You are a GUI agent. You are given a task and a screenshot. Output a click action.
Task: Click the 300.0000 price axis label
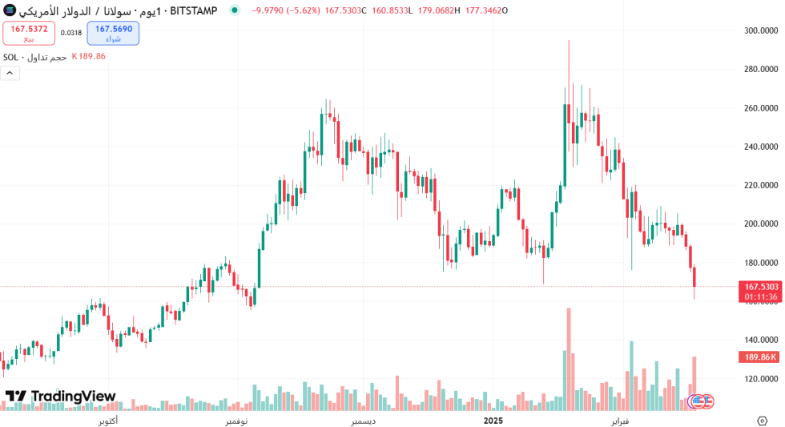click(761, 30)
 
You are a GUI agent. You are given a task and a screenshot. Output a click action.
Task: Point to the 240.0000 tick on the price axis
click(761, 147)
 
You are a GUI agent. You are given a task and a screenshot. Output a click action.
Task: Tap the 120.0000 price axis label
click(761, 379)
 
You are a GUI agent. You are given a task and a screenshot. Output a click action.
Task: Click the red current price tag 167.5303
click(761, 286)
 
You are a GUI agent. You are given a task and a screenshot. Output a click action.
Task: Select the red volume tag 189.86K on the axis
click(761, 357)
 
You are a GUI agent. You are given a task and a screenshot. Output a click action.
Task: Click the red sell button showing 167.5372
click(29, 33)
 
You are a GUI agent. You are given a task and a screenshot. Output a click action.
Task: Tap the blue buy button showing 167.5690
click(113, 33)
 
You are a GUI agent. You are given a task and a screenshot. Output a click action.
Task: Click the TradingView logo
click(61, 397)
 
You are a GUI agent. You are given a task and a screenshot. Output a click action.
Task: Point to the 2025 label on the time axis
click(493, 420)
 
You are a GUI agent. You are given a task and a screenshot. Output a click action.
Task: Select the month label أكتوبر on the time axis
click(108, 420)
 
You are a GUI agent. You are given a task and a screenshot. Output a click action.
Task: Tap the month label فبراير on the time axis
click(620, 420)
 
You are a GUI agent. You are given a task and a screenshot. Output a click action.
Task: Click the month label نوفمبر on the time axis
click(236, 420)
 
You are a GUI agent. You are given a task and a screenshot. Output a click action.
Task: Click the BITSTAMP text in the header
click(193, 10)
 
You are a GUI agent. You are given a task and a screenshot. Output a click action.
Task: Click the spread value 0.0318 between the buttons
click(71, 33)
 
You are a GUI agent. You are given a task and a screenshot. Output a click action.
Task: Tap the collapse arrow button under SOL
click(10, 73)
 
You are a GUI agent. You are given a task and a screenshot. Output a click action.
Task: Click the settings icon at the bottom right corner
click(762, 420)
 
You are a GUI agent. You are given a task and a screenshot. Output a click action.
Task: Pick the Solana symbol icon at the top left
click(8, 10)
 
